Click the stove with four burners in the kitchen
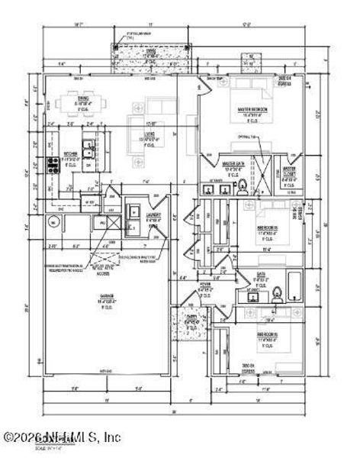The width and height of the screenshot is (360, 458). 53,162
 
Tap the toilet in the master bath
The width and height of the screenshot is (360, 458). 242,185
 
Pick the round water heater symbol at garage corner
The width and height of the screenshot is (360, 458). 53,222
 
